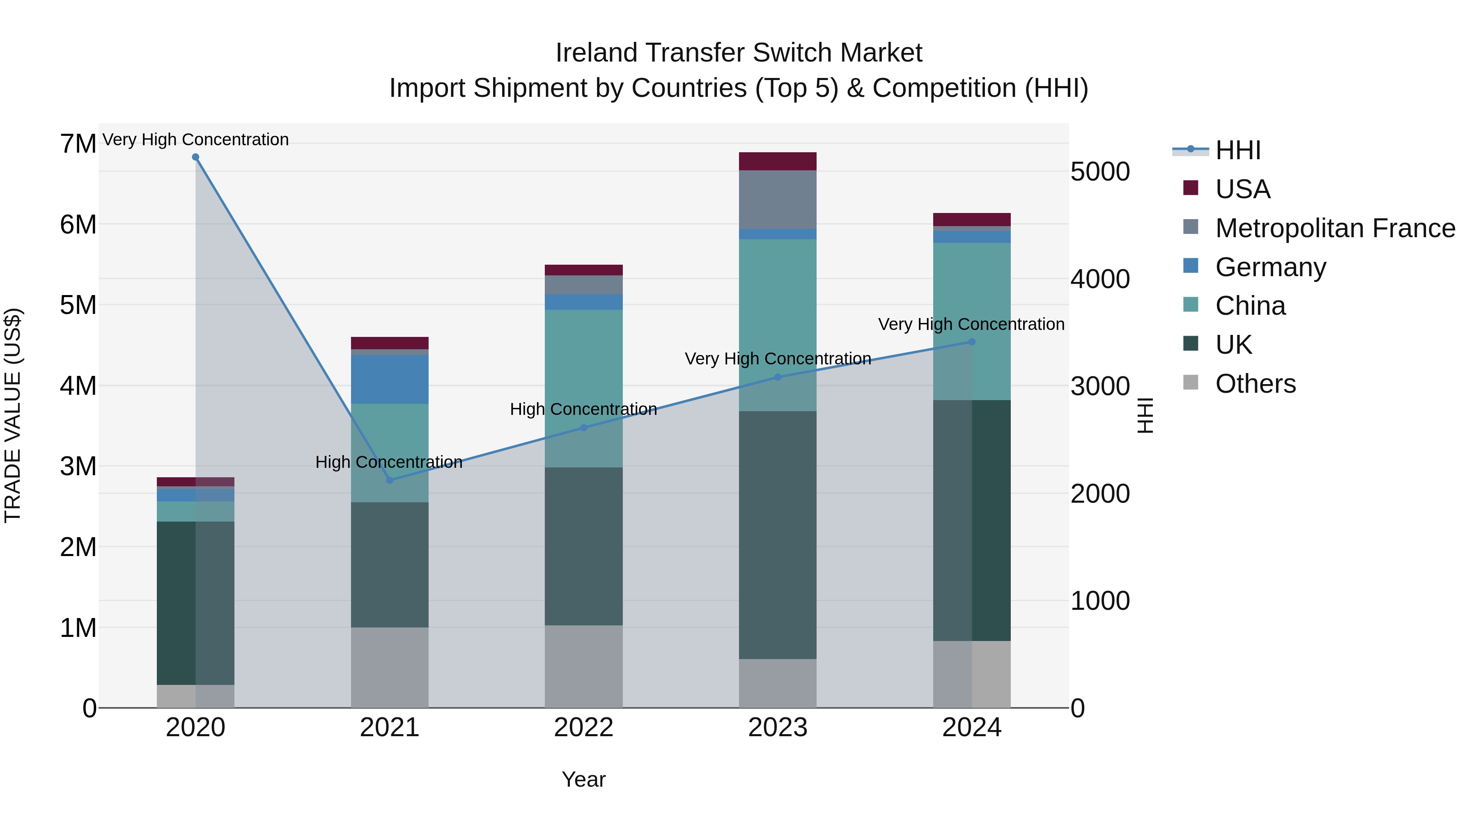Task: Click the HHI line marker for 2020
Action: [196, 157]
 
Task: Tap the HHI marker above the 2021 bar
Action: [390, 480]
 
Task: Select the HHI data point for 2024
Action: [972, 342]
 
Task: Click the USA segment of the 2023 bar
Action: [778, 161]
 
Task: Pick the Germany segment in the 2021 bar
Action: [390, 379]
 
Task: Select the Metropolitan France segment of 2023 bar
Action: [778, 199]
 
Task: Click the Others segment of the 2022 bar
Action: [583, 666]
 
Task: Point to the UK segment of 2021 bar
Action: [390, 565]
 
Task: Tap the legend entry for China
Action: [1250, 306]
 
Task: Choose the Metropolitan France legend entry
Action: [1335, 228]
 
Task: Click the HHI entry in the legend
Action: [1237, 150]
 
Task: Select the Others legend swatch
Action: [1191, 382]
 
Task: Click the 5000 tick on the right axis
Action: [1100, 172]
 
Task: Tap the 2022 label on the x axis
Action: [583, 728]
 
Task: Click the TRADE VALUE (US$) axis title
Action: [13, 415]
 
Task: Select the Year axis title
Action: [583, 779]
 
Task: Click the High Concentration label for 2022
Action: [583, 410]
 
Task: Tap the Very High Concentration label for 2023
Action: [778, 359]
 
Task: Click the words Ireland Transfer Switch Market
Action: [739, 53]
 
